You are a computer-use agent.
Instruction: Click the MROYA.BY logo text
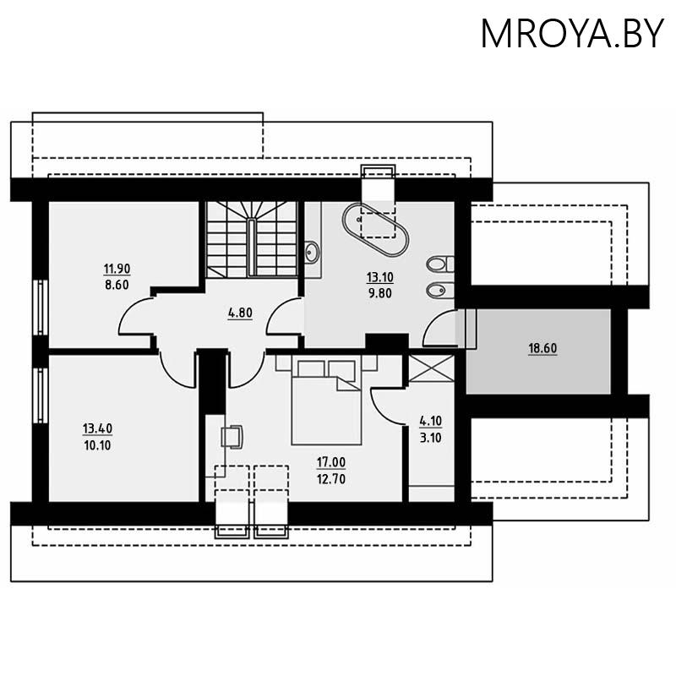tap(572, 33)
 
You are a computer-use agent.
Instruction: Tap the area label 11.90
tap(117, 270)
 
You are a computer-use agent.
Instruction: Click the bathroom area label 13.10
tap(379, 277)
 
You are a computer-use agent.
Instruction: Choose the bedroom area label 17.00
tap(331, 463)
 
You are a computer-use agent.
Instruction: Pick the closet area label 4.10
tap(431, 420)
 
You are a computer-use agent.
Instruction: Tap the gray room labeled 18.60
tap(542, 348)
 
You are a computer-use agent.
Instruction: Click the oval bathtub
tap(376, 229)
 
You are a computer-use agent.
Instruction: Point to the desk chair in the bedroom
tap(232, 437)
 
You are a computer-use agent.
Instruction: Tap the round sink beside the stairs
tap(312, 251)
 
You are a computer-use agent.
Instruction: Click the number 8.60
tap(117, 285)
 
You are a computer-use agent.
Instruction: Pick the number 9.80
tap(379, 292)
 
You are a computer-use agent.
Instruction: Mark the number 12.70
tap(331, 479)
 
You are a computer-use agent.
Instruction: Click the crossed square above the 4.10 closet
tap(432, 368)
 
